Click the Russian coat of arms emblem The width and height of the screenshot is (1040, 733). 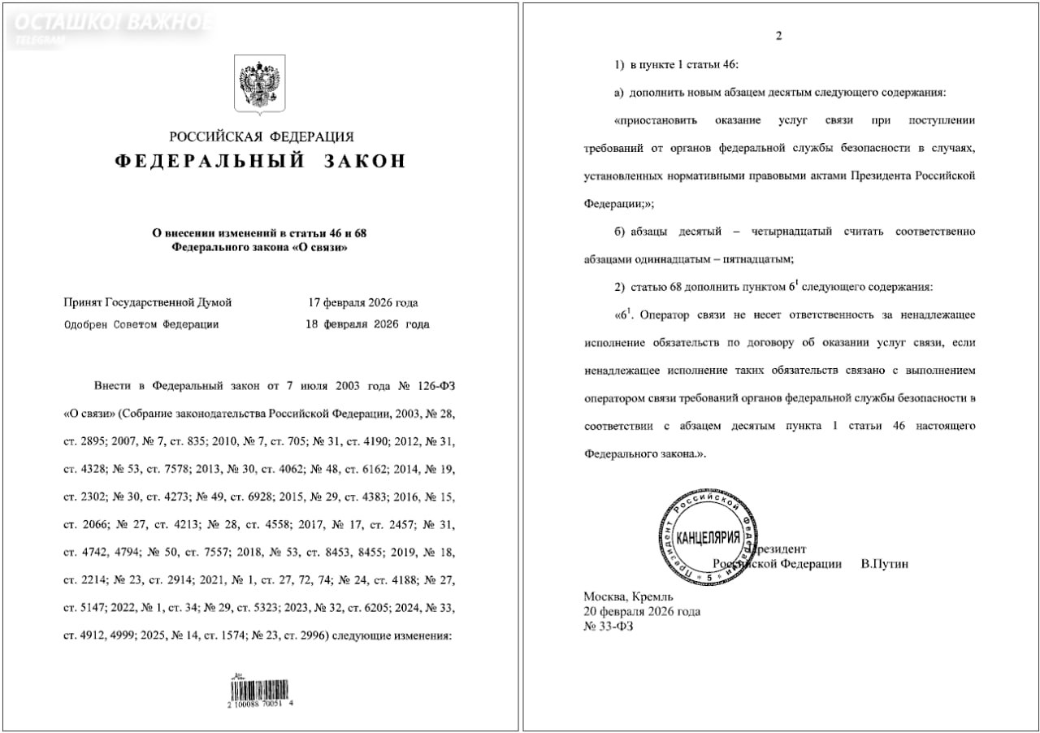click(x=259, y=85)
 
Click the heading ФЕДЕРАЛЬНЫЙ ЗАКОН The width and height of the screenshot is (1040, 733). click(x=259, y=161)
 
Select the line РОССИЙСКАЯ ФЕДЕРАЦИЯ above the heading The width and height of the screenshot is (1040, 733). click(x=261, y=137)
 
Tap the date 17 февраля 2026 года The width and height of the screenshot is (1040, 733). click(x=362, y=303)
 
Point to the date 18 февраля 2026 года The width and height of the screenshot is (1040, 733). click(x=368, y=324)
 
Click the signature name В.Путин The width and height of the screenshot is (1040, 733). click(x=884, y=564)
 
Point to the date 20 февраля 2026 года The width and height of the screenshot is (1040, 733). click(x=642, y=611)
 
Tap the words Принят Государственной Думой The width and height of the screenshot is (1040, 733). click(x=148, y=303)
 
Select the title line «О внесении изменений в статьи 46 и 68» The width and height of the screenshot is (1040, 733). click(x=260, y=233)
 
